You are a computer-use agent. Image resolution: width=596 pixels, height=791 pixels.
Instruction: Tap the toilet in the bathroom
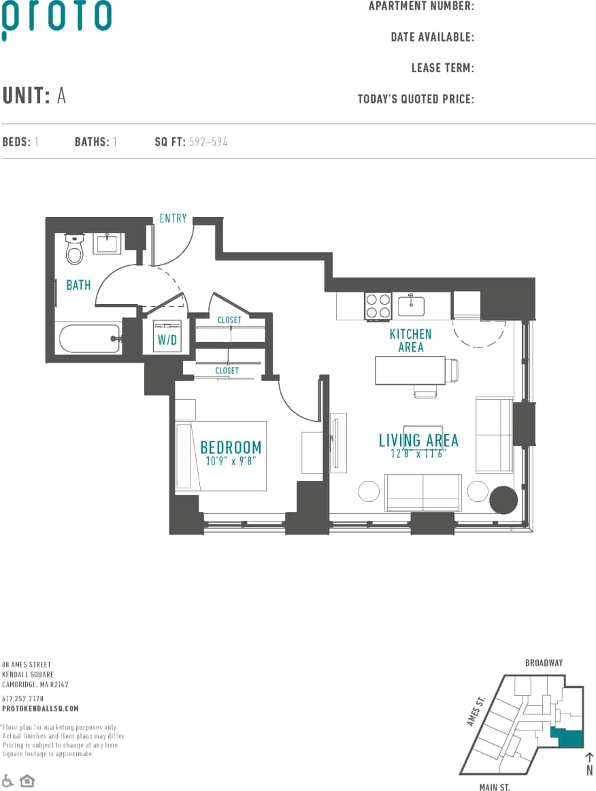pyautogui.click(x=74, y=250)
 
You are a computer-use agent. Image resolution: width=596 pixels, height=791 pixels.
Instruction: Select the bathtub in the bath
pyautogui.click(x=88, y=338)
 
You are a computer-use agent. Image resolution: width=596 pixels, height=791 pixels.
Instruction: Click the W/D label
pyautogui.click(x=167, y=340)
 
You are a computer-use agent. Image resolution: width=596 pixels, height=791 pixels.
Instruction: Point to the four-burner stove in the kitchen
pyautogui.click(x=378, y=305)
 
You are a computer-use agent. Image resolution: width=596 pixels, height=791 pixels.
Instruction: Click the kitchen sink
pyautogui.click(x=411, y=305)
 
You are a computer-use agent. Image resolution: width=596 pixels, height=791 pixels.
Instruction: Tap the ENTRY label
pyautogui.click(x=173, y=218)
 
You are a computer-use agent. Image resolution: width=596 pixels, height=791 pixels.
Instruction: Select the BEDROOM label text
pyautogui.click(x=231, y=447)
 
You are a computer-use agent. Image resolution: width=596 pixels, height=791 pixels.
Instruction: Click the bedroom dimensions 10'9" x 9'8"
pyautogui.click(x=231, y=460)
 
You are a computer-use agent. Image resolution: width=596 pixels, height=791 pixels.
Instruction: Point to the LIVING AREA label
pyautogui.click(x=418, y=440)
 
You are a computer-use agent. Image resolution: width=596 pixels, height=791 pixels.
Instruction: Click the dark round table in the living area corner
pyautogui.click(x=504, y=500)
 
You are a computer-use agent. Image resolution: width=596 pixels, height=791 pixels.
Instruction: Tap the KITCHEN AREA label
pyautogui.click(x=410, y=340)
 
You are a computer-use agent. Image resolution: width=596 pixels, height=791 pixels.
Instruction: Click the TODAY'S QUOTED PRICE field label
pyautogui.click(x=416, y=99)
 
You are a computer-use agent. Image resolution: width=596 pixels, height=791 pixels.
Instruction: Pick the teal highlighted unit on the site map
pyautogui.click(x=568, y=737)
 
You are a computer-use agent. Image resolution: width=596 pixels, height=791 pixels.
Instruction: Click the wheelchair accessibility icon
pyautogui.click(x=8, y=779)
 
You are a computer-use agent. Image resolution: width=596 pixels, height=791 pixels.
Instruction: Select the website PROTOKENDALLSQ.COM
pyautogui.click(x=40, y=708)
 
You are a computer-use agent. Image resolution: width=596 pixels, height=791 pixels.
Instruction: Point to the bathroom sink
pyautogui.click(x=107, y=243)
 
